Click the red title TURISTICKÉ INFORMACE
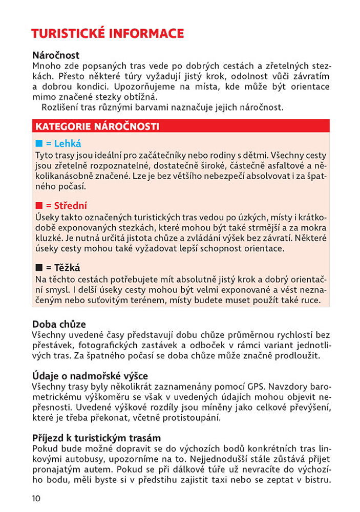[108, 34]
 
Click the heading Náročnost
[56, 55]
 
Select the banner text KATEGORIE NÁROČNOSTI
[97, 126]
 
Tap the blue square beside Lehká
[39, 144]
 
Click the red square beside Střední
[39, 206]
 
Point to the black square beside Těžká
[39, 268]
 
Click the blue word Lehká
[68, 144]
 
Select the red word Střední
[71, 206]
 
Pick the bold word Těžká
[67, 268]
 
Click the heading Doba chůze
[59, 324]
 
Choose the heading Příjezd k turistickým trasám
[96, 438]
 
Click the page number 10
[36, 499]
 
